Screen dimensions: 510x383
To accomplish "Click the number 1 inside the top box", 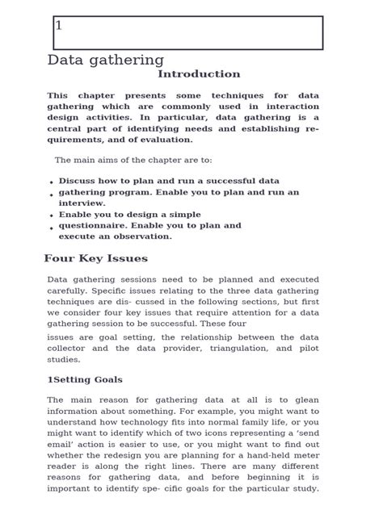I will click(x=59, y=26).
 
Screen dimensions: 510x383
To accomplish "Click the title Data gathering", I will click(x=105, y=60).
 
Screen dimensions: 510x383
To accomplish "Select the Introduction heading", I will click(x=199, y=74).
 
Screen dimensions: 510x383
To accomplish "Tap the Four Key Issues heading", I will click(x=95, y=259).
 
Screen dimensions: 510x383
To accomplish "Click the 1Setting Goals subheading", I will click(x=85, y=379).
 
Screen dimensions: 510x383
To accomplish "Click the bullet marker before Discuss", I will click(x=52, y=183).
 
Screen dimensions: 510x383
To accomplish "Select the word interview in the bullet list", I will click(x=81, y=203).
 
